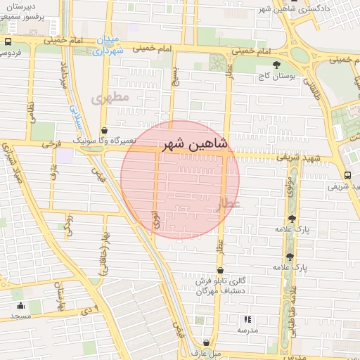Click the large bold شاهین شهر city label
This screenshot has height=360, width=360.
point(195,144)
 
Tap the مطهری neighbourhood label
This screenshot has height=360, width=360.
point(110,98)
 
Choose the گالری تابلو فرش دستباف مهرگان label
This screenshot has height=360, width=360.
point(220,285)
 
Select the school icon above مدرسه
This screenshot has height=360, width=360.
point(247,319)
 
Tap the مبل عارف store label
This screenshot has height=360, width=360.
point(205,352)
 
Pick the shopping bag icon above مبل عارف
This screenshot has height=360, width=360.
point(205,342)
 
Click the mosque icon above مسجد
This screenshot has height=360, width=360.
point(20,306)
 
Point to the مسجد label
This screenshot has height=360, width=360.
point(20,317)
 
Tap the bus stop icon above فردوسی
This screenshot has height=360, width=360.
point(8,41)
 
